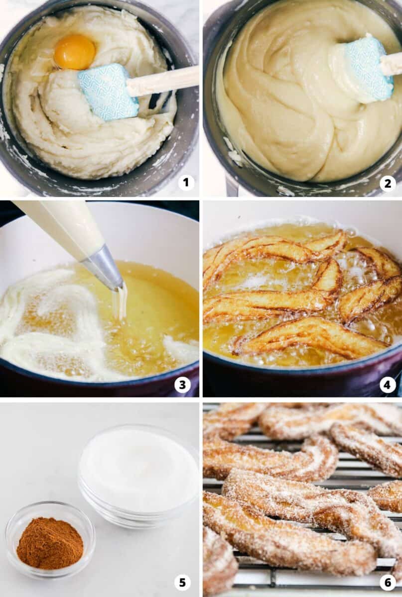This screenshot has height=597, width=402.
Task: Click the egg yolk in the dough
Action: (x=75, y=52)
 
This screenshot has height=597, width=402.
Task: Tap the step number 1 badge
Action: (x=186, y=183)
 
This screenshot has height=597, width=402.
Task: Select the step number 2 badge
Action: (x=388, y=183)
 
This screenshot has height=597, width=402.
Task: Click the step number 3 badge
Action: (x=182, y=384)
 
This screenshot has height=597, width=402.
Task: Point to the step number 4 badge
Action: (x=388, y=384)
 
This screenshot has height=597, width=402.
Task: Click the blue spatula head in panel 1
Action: (x=107, y=92)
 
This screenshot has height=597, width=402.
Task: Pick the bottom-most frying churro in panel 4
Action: (x=309, y=338)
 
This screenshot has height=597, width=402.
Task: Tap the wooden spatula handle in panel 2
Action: (x=392, y=64)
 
